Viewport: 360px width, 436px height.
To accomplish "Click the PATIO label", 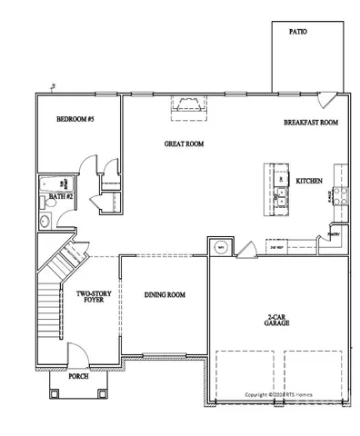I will click(x=297, y=31).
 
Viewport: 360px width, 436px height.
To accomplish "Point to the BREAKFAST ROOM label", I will click(x=310, y=123).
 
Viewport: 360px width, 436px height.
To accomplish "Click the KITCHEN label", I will click(x=309, y=182).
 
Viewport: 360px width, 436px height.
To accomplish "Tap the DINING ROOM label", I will click(x=165, y=295).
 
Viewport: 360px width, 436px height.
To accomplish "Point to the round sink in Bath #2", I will click(x=45, y=220).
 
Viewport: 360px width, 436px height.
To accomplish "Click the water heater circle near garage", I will click(x=218, y=246).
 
